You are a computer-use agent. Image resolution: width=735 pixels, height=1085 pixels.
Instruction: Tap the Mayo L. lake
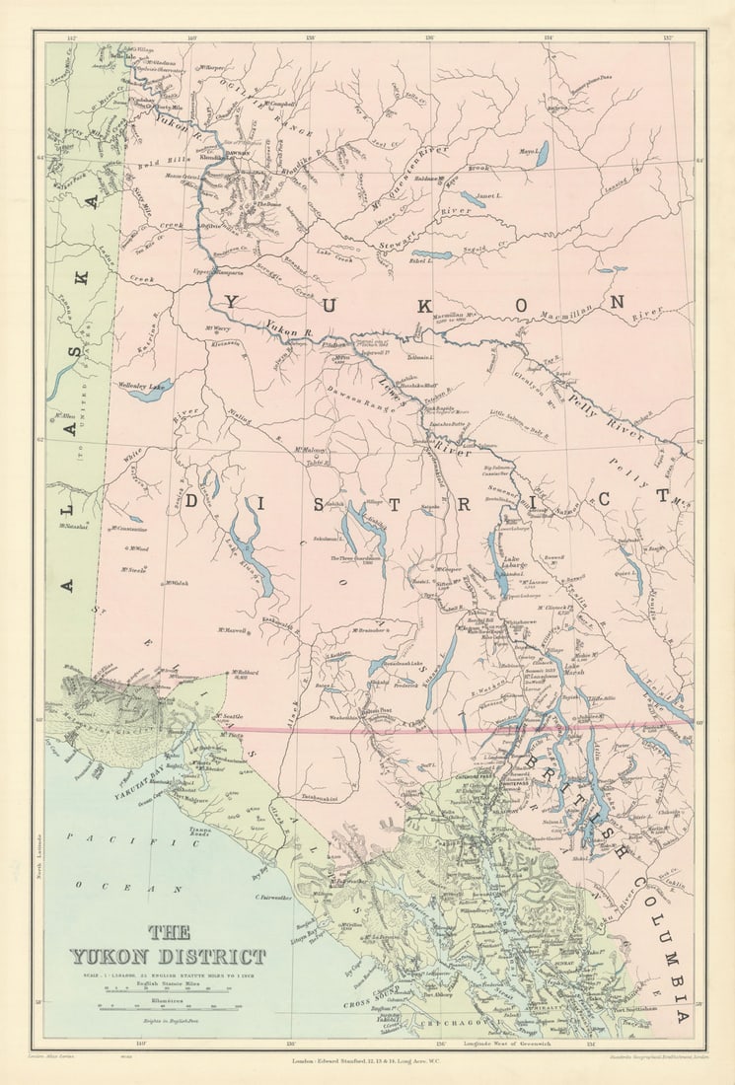pyautogui.click(x=542, y=155)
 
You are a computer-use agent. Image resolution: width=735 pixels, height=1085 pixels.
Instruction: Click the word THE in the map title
pyautogui.click(x=169, y=932)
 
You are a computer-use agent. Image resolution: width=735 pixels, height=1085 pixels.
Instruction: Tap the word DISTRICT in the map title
pyautogui.click(x=221, y=956)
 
